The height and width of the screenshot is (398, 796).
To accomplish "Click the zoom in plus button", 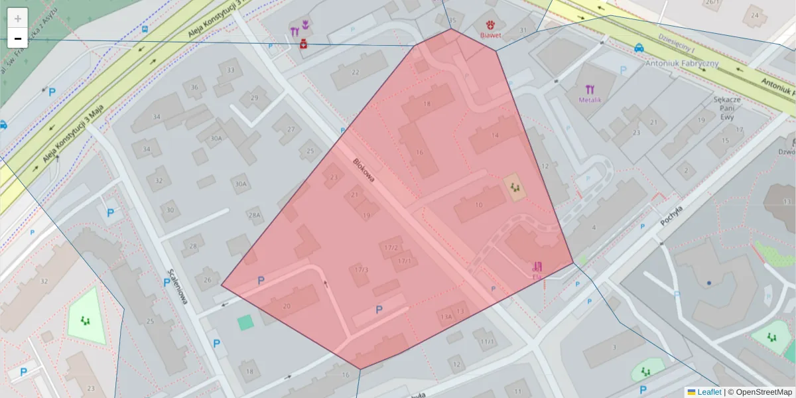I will tap(18, 18).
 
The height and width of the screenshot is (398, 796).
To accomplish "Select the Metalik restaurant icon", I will tap(590, 90).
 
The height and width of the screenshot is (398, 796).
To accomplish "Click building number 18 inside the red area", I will tap(427, 104).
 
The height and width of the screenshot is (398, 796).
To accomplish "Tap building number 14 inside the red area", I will tap(494, 135).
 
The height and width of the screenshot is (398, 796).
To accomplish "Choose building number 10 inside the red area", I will tap(479, 205).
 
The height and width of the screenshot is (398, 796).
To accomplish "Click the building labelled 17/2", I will tap(391, 247).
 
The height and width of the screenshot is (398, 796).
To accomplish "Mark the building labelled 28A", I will tap(254, 215).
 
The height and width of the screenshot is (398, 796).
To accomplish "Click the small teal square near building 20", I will tap(245, 323).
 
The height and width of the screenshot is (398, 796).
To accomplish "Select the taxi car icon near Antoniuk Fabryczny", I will tap(638, 48).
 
